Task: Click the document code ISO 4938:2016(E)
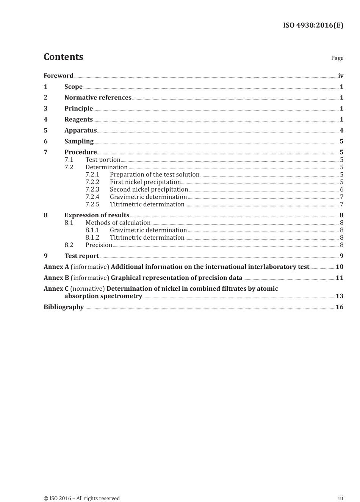pyautogui.click(x=313, y=25)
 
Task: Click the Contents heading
pyautogui.click(x=63, y=57)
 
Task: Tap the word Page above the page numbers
pyautogui.click(x=337, y=58)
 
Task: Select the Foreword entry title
pyautogui.click(x=58, y=76)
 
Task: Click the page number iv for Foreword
pyautogui.click(x=340, y=76)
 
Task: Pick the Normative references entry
pyautogui.click(x=98, y=98)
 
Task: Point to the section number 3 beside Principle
pyautogui.click(x=45, y=109)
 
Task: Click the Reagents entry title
pyautogui.click(x=78, y=120)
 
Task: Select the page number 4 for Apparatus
pyautogui.click(x=341, y=131)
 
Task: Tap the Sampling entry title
pyautogui.click(x=79, y=141)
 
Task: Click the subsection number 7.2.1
pyautogui.click(x=92, y=175)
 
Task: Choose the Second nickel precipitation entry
pyautogui.click(x=149, y=190)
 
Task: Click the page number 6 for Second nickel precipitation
pyautogui.click(x=341, y=190)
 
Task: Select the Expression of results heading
pyautogui.click(x=97, y=215)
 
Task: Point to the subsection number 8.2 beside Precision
pyautogui.click(x=69, y=245)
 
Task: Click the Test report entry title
pyautogui.click(x=81, y=256)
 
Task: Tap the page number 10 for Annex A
pyautogui.click(x=340, y=267)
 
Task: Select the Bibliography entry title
pyautogui.click(x=63, y=307)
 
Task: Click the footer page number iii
pyautogui.click(x=340, y=498)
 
